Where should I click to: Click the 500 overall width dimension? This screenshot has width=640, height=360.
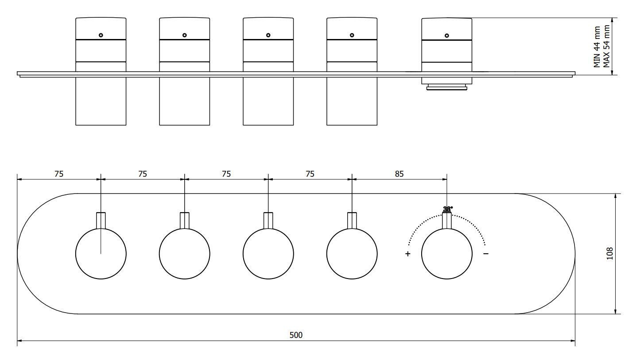click(296, 335)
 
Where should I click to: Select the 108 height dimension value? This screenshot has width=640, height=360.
click(610, 253)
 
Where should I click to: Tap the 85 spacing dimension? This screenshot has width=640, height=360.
click(399, 174)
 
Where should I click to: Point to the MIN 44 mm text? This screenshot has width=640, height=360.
click(597, 46)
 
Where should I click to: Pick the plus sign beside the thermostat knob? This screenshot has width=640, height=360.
click(407, 254)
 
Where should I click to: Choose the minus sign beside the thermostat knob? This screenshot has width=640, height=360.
click(486, 254)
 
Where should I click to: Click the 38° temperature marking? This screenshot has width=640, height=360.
click(448, 209)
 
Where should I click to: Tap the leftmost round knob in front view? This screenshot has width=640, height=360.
click(101, 254)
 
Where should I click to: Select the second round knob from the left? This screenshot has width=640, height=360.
click(185, 254)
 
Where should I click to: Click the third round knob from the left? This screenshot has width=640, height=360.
click(268, 254)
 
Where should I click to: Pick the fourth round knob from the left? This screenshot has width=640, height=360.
click(352, 254)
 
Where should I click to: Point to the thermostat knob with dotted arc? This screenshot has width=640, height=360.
click(446, 254)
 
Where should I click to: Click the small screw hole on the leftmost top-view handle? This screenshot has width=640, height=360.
click(101, 35)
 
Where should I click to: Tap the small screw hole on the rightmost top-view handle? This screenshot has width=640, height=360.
click(446, 35)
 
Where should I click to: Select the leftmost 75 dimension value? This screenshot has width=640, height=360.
click(59, 174)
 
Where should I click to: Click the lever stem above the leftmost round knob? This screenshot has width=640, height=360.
click(101, 221)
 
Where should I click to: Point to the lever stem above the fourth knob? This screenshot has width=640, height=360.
click(352, 221)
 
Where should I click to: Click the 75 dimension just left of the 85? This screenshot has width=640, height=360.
click(310, 174)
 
